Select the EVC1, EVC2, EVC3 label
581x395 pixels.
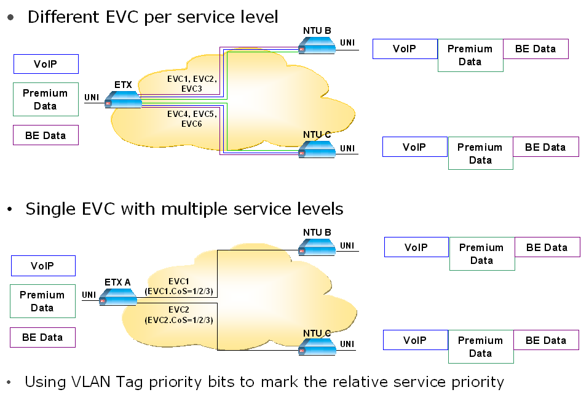192,84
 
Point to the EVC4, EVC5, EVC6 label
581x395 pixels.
192,119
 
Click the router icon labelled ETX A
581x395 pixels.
118,297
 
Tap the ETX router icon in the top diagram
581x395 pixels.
123,100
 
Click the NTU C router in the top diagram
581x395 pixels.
317,149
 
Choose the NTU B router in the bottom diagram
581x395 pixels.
317,247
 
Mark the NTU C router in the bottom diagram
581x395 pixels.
317,348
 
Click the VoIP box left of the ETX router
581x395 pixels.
46,64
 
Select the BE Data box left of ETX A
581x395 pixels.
42,337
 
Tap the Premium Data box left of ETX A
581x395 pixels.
42,301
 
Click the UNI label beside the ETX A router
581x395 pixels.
90,295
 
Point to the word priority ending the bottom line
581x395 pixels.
474,382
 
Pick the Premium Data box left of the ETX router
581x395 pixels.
45,100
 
